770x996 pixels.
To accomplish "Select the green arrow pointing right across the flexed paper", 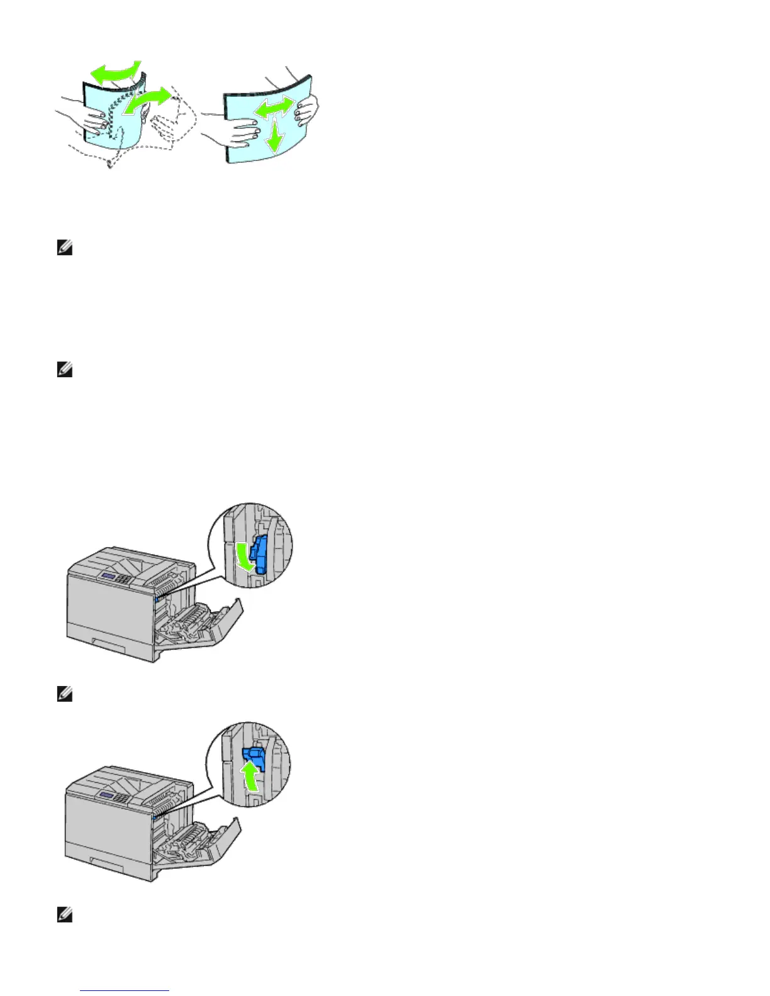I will tap(148, 101).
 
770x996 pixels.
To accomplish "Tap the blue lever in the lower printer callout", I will tap(255, 758).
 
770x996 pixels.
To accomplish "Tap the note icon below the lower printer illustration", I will tap(65, 916).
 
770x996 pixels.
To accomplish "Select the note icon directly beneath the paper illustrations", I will tap(65, 249).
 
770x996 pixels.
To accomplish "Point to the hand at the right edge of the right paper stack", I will tap(306, 109).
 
